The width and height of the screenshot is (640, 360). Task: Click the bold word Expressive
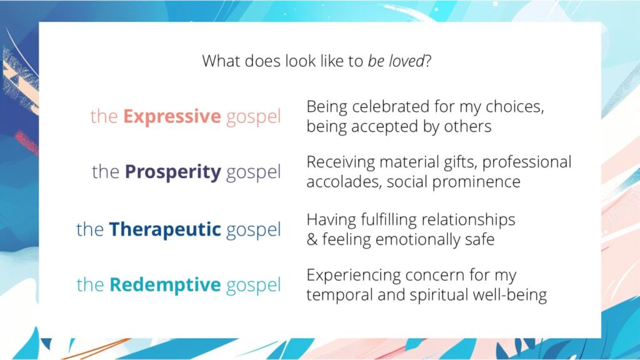tap(172, 117)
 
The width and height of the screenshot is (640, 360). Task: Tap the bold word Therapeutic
tap(165, 229)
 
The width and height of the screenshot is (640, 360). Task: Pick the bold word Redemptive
tap(165, 285)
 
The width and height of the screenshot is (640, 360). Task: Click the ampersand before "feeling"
tap(312, 239)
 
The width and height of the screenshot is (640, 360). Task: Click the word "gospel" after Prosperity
tap(253, 173)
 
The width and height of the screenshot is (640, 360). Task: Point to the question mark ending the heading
tap(427, 61)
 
